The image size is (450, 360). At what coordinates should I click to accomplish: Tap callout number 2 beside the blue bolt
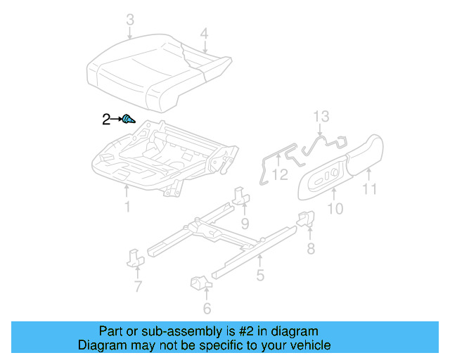point(106,120)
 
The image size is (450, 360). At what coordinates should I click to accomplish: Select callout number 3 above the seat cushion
point(129,22)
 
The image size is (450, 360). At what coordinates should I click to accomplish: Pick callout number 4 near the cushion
point(204,33)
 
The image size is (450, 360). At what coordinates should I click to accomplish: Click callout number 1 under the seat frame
point(127,207)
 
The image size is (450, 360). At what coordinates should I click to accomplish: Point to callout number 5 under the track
point(260,276)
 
